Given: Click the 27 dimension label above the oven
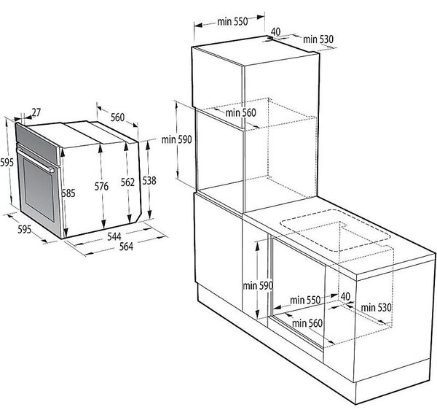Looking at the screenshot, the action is pyautogui.click(x=36, y=112).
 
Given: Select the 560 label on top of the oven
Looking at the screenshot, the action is pyautogui.click(x=117, y=117).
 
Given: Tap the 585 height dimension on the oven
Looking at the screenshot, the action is pyautogui.click(x=68, y=193).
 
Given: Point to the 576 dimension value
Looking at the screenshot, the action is pyautogui.click(x=101, y=186).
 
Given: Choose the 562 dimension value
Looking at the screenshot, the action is pyautogui.click(x=127, y=182).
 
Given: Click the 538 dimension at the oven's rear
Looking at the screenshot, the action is pyautogui.click(x=149, y=181).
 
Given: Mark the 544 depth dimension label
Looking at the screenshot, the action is pyautogui.click(x=114, y=237).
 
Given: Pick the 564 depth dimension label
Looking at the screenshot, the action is pyautogui.click(x=126, y=247).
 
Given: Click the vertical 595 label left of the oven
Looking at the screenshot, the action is pyautogui.click(x=7, y=162).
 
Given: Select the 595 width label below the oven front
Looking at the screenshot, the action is pyautogui.click(x=25, y=229).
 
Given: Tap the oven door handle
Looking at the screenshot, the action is pyautogui.click(x=36, y=160).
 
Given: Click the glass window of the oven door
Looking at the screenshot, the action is pyautogui.click(x=39, y=190).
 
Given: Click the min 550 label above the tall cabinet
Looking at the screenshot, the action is pyautogui.click(x=232, y=21).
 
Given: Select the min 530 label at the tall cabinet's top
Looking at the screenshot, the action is pyautogui.click(x=318, y=39).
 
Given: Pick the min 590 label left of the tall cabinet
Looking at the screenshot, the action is pyautogui.click(x=177, y=139).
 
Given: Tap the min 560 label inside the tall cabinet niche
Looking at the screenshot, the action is pyautogui.click(x=240, y=112).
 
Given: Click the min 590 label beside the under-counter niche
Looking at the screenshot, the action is pyautogui.click(x=258, y=285).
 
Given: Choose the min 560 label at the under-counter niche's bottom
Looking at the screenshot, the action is pyautogui.click(x=307, y=323).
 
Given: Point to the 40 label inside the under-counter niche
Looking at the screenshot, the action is pyautogui.click(x=345, y=296).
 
